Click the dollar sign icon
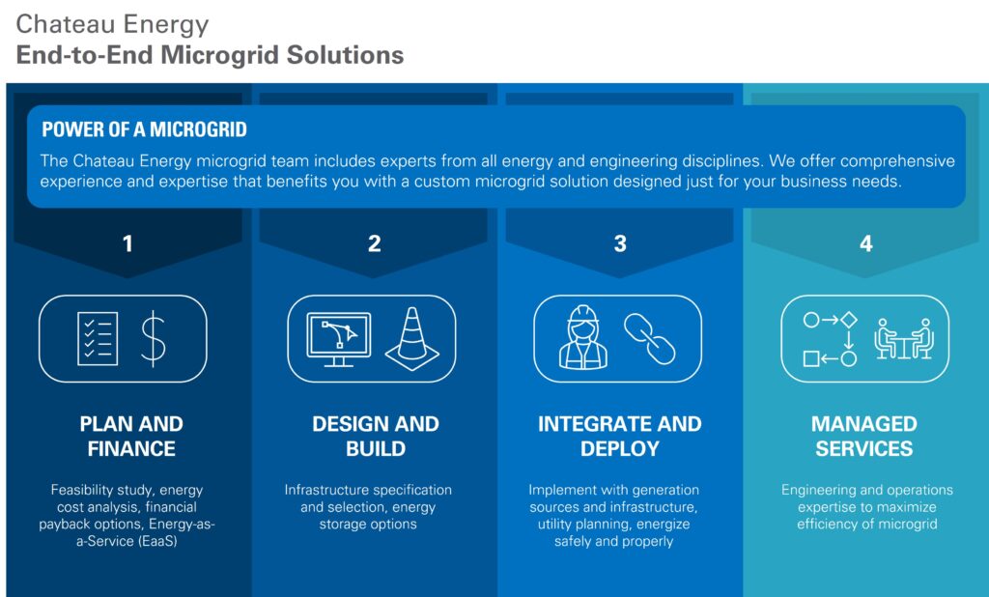point(153,339)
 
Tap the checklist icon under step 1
point(98,338)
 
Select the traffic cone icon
point(412,338)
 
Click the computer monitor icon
point(339,339)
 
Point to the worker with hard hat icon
point(583,338)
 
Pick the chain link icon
point(650,339)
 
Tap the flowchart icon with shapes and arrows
point(830,339)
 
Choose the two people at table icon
point(904,339)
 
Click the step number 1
point(127,243)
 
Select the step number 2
point(374,243)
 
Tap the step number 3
point(620,243)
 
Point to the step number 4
point(866,243)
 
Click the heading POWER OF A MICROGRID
point(145,129)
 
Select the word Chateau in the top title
point(57,24)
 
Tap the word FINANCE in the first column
point(131,448)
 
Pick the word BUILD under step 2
point(376,448)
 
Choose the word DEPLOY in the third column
point(620,448)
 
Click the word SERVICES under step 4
point(864,448)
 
